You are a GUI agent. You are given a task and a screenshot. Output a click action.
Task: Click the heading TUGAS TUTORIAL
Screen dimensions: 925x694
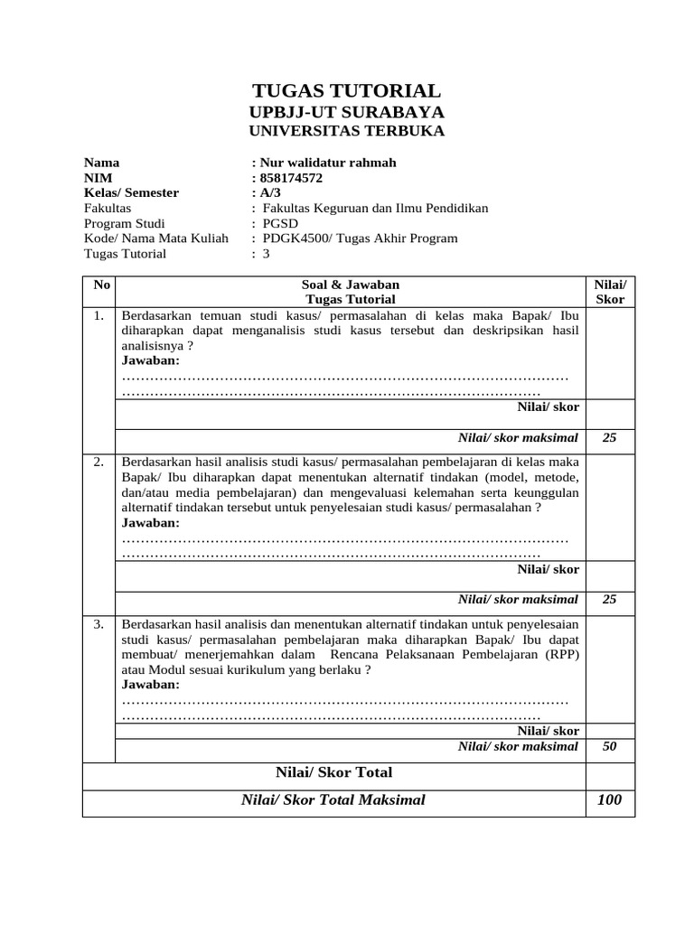[346, 90]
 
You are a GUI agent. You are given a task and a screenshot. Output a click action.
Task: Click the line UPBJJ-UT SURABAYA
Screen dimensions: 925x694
[346, 112]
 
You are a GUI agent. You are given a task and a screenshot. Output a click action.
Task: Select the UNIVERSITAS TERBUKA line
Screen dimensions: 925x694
[346, 131]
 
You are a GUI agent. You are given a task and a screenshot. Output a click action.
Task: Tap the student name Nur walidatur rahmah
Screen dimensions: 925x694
[326, 163]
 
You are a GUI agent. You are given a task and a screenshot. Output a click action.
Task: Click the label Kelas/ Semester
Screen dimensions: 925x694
[131, 193]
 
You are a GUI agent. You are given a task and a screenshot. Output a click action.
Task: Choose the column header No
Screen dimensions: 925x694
[101, 285]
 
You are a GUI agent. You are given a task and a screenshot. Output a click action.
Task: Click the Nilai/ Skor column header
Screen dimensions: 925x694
[610, 292]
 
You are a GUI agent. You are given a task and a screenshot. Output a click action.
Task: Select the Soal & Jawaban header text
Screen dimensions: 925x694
[350, 285]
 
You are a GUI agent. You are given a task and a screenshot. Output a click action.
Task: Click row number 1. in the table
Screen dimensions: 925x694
[98, 316]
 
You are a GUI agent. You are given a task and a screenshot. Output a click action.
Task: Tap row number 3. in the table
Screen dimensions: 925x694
[98, 624]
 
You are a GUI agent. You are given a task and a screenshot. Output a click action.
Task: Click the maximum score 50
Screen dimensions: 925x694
[610, 746]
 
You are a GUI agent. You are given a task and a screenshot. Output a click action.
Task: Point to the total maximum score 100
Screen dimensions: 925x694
[610, 800]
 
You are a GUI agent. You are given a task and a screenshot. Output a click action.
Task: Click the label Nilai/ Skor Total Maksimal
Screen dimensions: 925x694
[333, 800]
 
